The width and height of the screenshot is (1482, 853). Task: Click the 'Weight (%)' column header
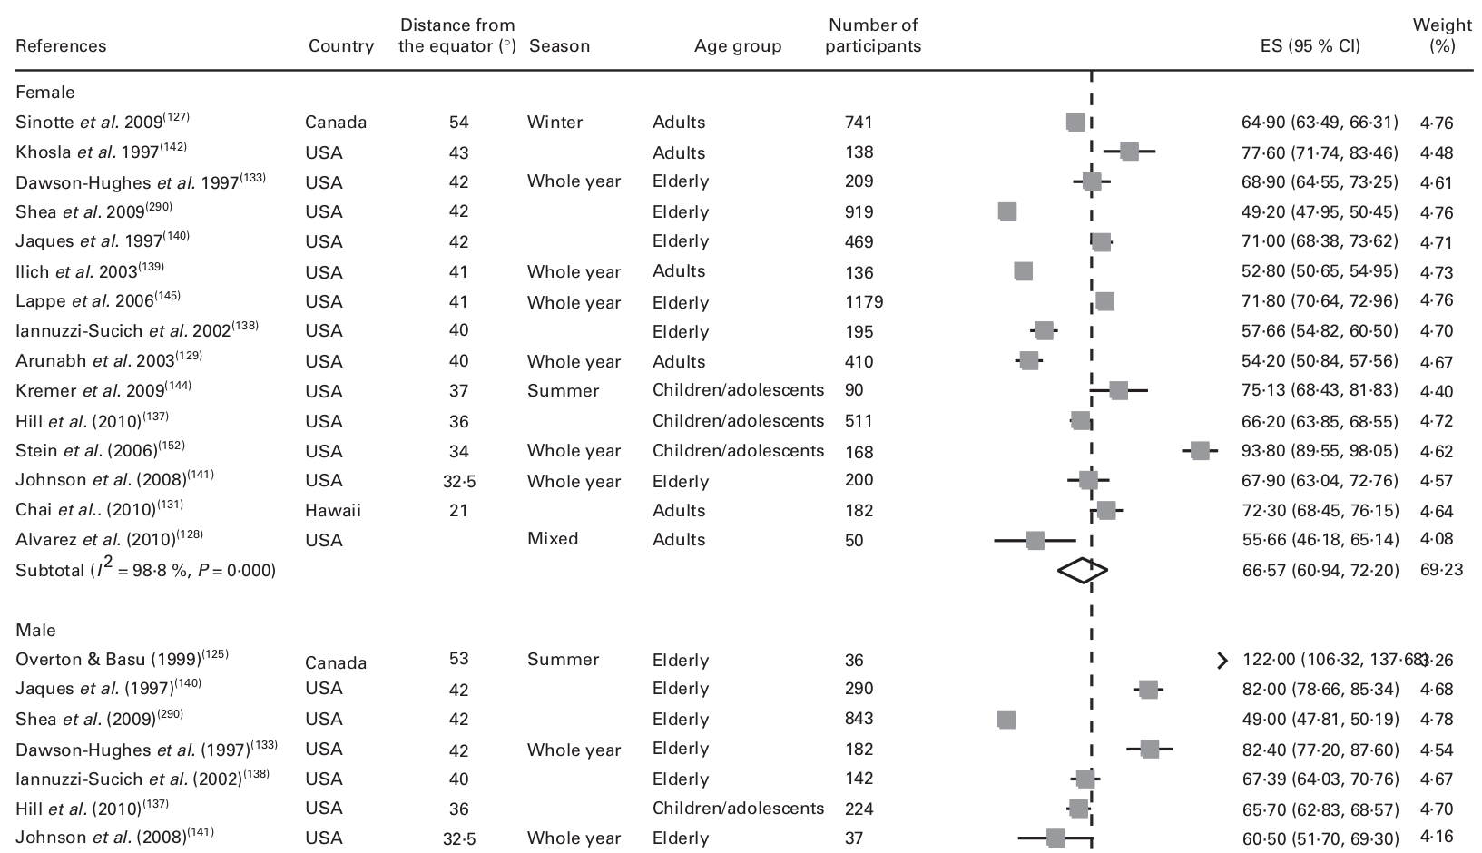point(1442,36)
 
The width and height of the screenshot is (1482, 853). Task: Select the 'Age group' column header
point(737,46)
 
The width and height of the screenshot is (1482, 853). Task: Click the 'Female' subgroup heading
point(45,93)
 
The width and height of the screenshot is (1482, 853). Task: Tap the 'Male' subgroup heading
point(35,630)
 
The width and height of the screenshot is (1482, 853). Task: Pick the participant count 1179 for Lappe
point(863,302)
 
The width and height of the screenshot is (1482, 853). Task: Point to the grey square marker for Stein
point(1200,451)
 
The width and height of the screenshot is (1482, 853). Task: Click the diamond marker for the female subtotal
point(1083,570)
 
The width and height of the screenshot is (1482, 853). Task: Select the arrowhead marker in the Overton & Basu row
point(1222,660)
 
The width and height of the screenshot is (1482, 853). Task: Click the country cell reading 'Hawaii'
point(332,510)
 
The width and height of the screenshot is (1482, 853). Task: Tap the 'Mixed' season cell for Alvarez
point(552,539)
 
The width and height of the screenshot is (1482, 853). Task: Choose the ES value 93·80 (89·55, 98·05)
point(1319,451)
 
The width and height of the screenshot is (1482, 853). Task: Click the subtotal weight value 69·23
point(1441,570)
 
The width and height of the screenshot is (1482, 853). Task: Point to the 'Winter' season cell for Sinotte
point(555,123)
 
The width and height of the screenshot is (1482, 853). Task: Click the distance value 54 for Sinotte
point(458,123)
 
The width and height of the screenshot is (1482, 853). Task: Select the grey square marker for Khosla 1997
point(1129,152)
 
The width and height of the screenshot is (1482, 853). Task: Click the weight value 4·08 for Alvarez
point(1436,540)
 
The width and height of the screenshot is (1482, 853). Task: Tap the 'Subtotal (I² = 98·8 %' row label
point(145,570)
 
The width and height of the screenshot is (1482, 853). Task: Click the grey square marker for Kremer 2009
point(1118,390)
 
